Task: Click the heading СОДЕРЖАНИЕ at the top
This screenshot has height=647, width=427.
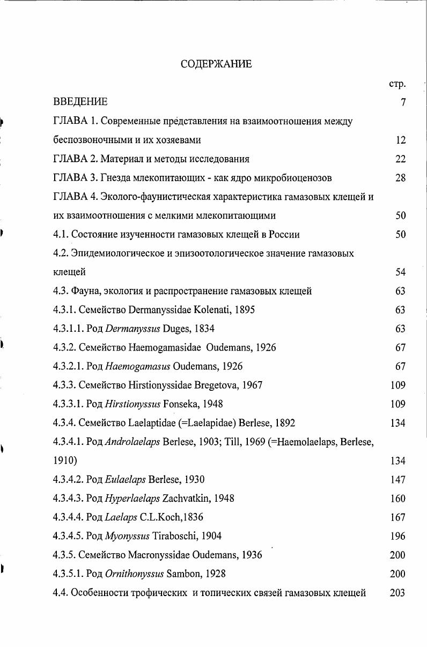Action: pos(216,64)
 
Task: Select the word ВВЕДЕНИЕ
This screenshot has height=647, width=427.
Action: pos(80,102)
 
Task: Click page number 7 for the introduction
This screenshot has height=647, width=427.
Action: pos(402,102)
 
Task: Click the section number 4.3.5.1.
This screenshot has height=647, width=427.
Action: pos(68,574)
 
